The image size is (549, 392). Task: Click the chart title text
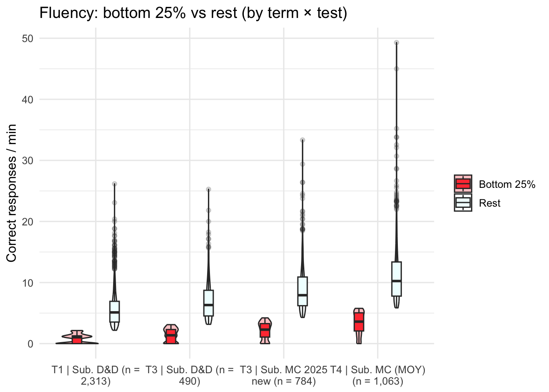click(193, 13)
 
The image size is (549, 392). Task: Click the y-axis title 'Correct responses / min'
click(11, 193)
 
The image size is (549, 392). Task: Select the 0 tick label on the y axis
click(31, 344)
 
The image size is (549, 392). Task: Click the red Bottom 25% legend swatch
click(463, 184)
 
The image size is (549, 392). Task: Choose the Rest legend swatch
click(463, 203)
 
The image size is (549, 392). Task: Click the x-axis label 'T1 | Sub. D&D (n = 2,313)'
click(96, 376)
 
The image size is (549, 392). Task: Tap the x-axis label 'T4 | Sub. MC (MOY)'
click(378, 376)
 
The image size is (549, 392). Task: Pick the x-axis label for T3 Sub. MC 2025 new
click(283, 376)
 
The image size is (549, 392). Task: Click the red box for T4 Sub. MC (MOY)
click(359, 322)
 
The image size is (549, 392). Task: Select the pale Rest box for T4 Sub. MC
click(396, 278)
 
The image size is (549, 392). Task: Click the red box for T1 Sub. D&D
click(77, 339)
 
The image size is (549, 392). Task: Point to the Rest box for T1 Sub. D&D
click(114, 312)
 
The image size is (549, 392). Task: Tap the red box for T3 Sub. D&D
click(171, 336)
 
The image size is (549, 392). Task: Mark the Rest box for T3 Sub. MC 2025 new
click(303, 291)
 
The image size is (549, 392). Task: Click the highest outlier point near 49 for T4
click(396, 42)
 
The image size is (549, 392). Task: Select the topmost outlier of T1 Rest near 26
click(114, 184)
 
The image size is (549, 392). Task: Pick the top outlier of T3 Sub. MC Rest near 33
click(303, 140)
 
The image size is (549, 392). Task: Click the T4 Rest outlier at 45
click(396, 69)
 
